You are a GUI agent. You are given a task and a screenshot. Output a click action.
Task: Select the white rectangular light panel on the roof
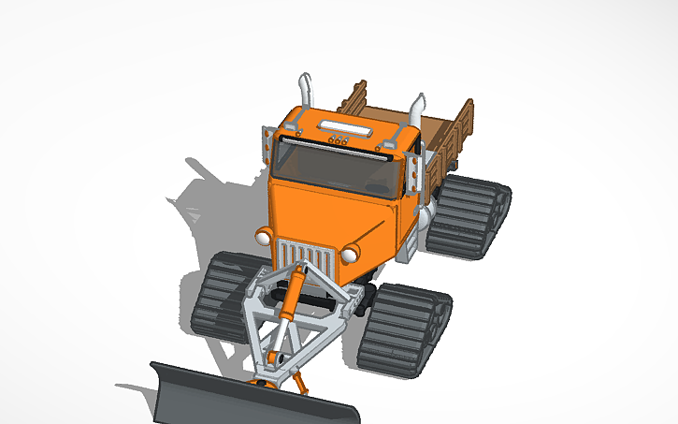(x=345, y=124)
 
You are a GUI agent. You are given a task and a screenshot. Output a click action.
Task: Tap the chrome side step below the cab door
(x=411, y=245)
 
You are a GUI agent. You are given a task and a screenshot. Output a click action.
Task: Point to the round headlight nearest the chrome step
(x=351, y=255)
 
